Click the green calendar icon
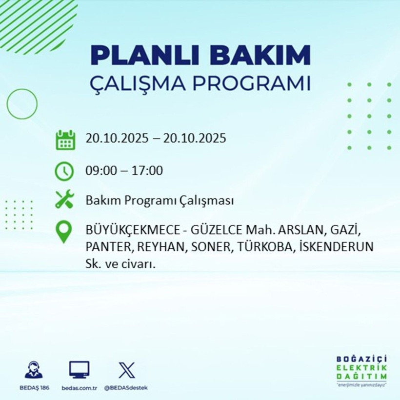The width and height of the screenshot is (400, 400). click(x=65, y=139)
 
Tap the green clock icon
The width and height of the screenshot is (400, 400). click(x=64, y=171)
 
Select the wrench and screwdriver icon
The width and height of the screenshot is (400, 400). click(x=64, y=200)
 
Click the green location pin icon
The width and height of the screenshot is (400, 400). click(x=64, y=232)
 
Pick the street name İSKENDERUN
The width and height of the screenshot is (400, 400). click(x=337, y=247)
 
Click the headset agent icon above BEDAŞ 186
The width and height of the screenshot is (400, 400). click(x=34, y=370)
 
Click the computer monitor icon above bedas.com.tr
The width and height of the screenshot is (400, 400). click(x=79, y=370)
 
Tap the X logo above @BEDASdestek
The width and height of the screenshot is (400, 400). click(x=126, y=370)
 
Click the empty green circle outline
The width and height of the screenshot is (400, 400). click(x=22, y=104)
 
